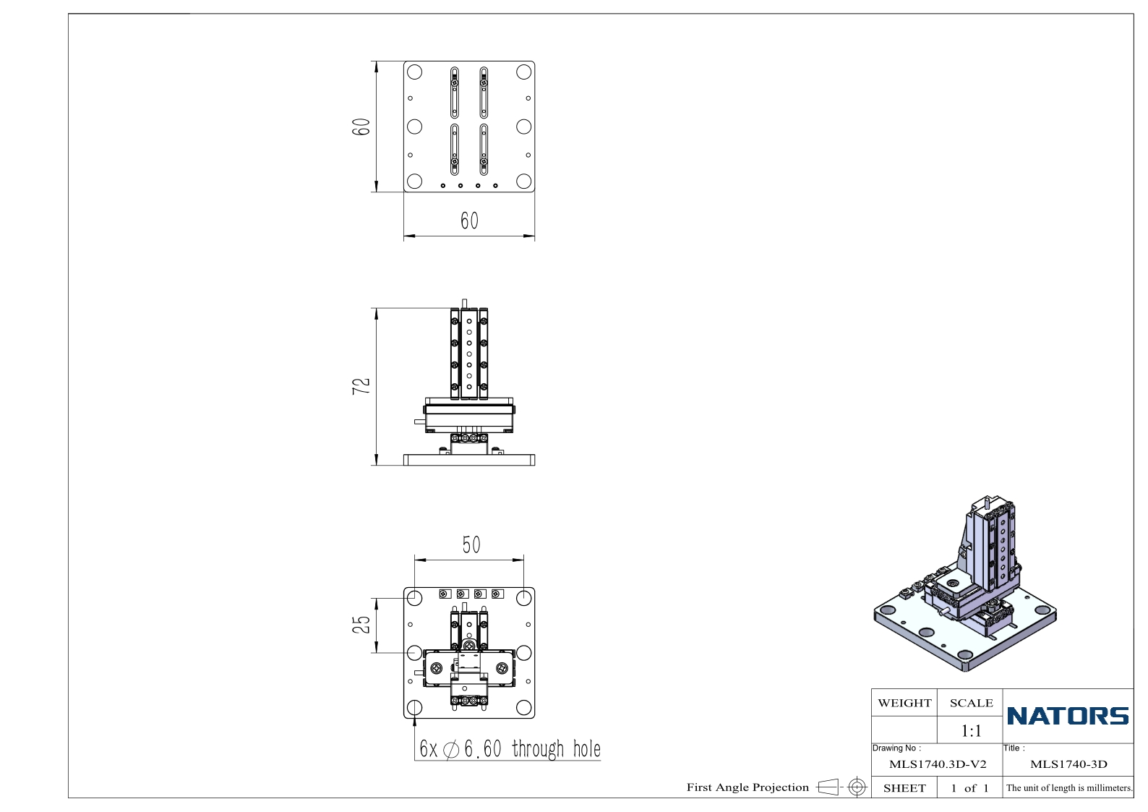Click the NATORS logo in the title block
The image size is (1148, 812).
pos(1068,716)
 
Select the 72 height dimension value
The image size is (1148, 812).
pos(361,386)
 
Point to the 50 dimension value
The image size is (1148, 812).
pos(471,545)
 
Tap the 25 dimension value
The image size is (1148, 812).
pos(361,625)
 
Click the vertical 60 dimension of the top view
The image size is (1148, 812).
pos(361,127)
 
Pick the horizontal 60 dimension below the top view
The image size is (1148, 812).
pos(469,221)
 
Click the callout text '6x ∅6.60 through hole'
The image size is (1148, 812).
pos(510,749)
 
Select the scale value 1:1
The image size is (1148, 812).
pos(971,731)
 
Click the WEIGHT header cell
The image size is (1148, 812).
pos(904,703)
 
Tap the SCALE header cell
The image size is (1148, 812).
pos(971,703)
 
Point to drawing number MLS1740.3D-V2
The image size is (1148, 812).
pos(938,764)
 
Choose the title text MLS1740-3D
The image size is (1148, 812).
pos(1068,764)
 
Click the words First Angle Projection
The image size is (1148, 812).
pos(748,787)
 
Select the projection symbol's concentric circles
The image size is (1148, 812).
pos(857,787)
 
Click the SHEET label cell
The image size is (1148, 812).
pos(904,788)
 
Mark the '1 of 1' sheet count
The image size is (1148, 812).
pos(969,788)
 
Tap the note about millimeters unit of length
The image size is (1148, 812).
pos(1069,788)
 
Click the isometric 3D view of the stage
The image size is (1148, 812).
pos(965,584)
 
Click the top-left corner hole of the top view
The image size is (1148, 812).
pos(415,72)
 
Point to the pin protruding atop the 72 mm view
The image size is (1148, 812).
pos(465,304)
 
